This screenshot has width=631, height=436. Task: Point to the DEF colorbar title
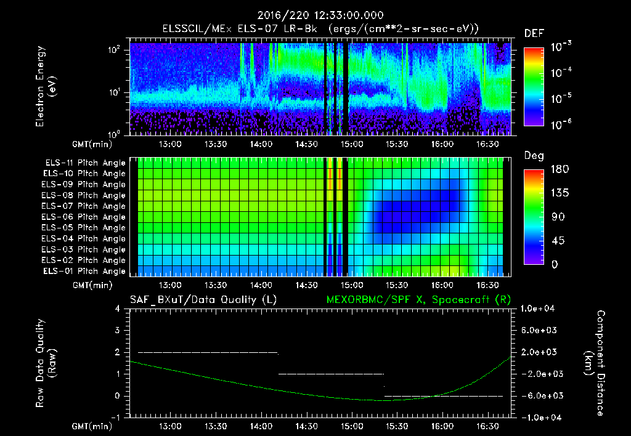(534, 33)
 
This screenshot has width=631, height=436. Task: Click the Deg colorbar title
(534, 156)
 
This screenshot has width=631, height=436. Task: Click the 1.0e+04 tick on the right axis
(539, 309)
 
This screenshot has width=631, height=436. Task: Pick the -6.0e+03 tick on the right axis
(539, 395)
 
